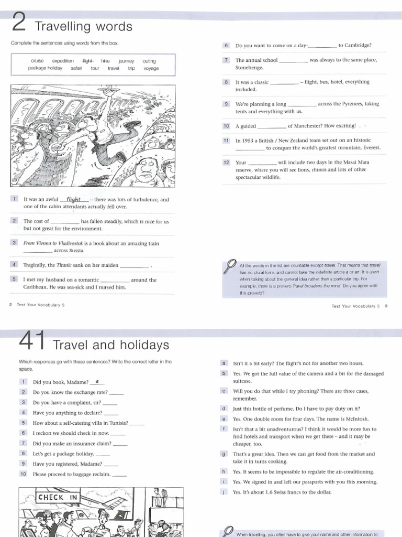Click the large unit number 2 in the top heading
20,24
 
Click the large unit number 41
32,343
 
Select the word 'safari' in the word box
76,68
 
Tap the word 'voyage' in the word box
151,68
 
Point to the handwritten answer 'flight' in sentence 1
74,199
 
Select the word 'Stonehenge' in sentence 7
249,68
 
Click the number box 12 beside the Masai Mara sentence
226,163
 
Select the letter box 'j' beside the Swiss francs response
224,492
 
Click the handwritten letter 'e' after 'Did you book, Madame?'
97,381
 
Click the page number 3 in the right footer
385,306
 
